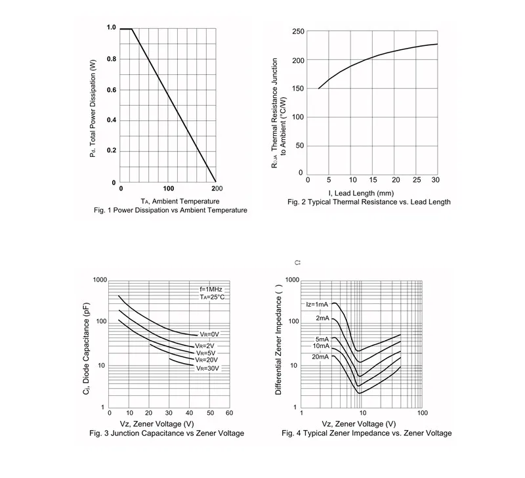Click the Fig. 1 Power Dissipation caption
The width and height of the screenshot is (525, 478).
(171, 210)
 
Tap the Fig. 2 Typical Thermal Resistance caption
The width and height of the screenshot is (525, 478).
(369, 202)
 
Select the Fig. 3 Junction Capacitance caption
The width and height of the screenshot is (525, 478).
(166, 433)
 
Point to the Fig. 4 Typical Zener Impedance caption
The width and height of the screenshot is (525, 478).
(366, 433)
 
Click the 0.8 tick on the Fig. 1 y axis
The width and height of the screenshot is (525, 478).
(112, 59)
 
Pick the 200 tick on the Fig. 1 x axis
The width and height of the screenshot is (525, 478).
(217, 188)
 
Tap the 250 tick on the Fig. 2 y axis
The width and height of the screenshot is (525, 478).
(297, 32)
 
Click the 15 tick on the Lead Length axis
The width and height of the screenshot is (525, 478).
(373, 180)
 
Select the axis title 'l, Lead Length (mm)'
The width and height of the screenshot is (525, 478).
(361, 193)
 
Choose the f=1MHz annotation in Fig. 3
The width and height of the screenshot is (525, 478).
(212, 289)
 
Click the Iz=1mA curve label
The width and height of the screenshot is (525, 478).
(316, 304)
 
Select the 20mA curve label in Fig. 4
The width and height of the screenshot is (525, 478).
(320, 357)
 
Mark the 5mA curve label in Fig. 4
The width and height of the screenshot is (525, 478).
(322, 339)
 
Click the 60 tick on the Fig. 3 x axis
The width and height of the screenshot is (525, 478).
(229, 413)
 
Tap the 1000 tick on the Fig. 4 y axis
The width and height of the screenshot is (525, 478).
(291, 280)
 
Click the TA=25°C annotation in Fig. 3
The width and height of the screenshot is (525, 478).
(212, 297)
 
